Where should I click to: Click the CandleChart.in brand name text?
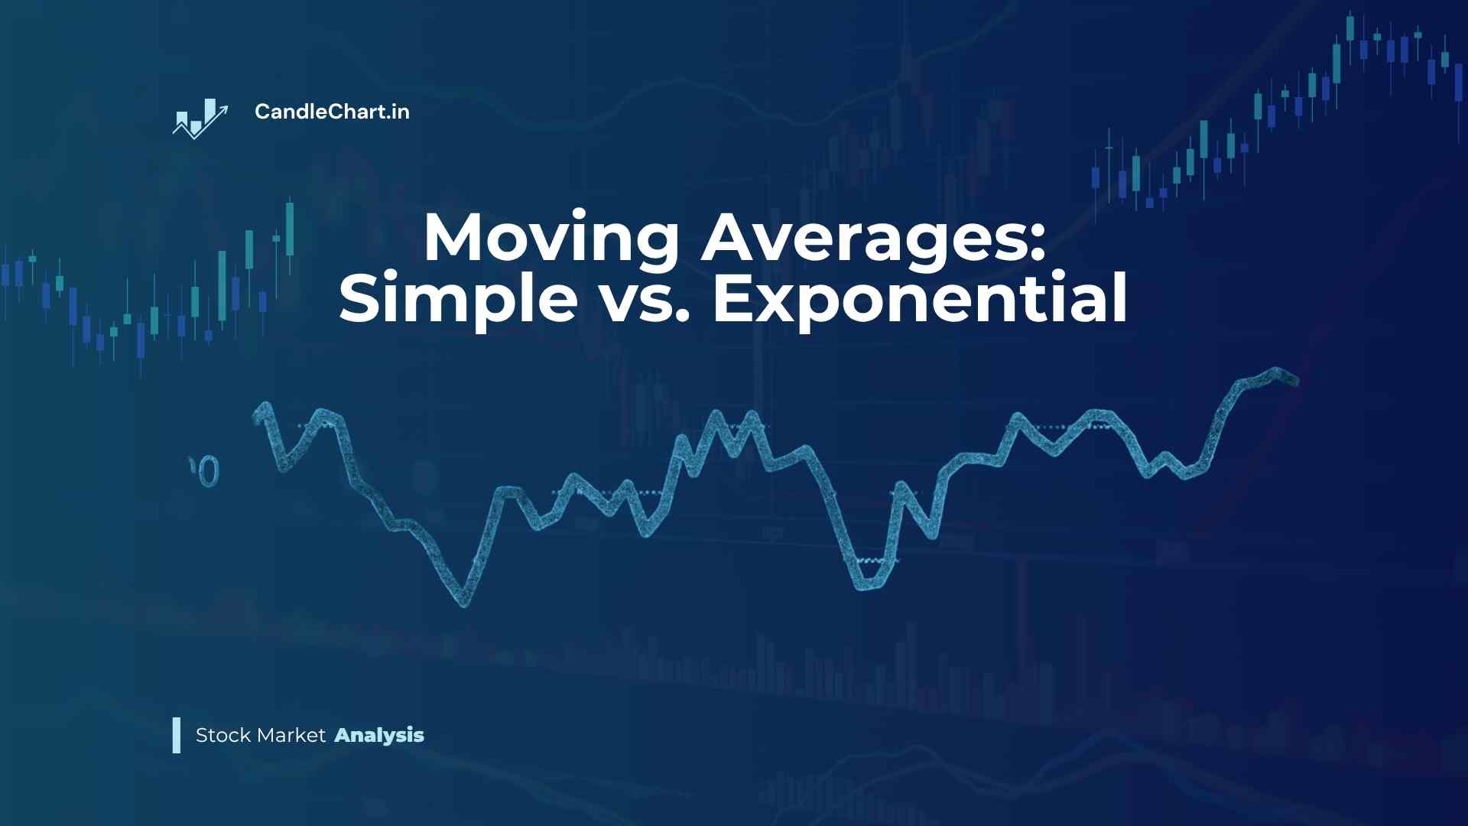332,112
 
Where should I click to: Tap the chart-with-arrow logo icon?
200,119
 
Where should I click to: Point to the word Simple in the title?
458,299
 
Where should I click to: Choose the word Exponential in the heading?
920,299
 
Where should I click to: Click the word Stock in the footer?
223,735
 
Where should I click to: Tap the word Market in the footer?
292,735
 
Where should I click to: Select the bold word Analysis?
379,736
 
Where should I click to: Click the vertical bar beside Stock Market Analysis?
177,735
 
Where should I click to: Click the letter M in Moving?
457,237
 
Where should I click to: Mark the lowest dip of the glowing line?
463,603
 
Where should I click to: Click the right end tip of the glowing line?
1295,379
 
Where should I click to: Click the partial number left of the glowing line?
204,471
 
